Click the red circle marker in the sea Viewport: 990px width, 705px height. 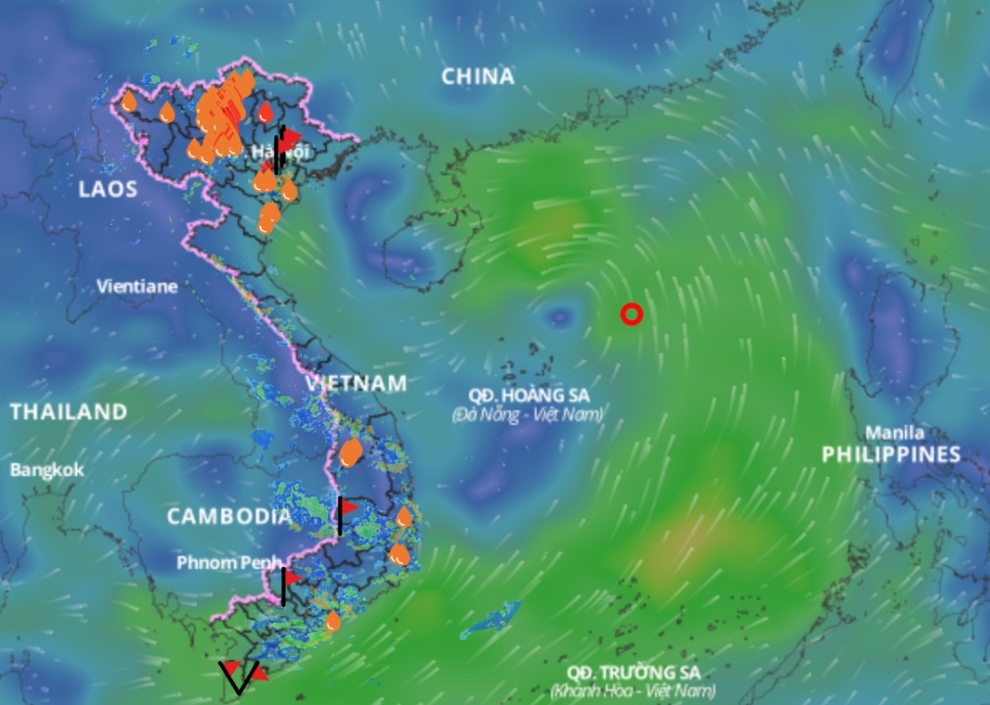pos(632,313)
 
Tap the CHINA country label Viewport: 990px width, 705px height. pos(477,76)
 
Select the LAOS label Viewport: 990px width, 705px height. pos(109,189)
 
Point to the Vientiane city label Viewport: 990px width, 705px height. pos(137,287)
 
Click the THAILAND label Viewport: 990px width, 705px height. pos(69,412)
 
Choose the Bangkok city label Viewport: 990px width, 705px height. pos(47,470)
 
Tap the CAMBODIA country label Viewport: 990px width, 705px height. pos(228,516)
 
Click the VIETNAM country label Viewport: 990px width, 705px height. pos(355,383)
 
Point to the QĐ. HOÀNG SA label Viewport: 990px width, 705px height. pos(527,395)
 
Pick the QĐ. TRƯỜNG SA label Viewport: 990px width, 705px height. pos(634,673)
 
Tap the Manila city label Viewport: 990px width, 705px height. pos(895,433)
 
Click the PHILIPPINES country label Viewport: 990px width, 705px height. pos(890,454)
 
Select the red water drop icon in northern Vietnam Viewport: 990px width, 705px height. pos(265,113)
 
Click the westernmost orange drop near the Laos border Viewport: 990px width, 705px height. pos(128,101)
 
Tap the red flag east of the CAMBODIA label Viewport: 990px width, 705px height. pos(349,507)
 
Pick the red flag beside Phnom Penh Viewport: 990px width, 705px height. pos(291,578)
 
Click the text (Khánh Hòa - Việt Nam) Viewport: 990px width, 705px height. pos(632,691)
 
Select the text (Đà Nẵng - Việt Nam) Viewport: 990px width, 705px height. pos(527,414)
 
